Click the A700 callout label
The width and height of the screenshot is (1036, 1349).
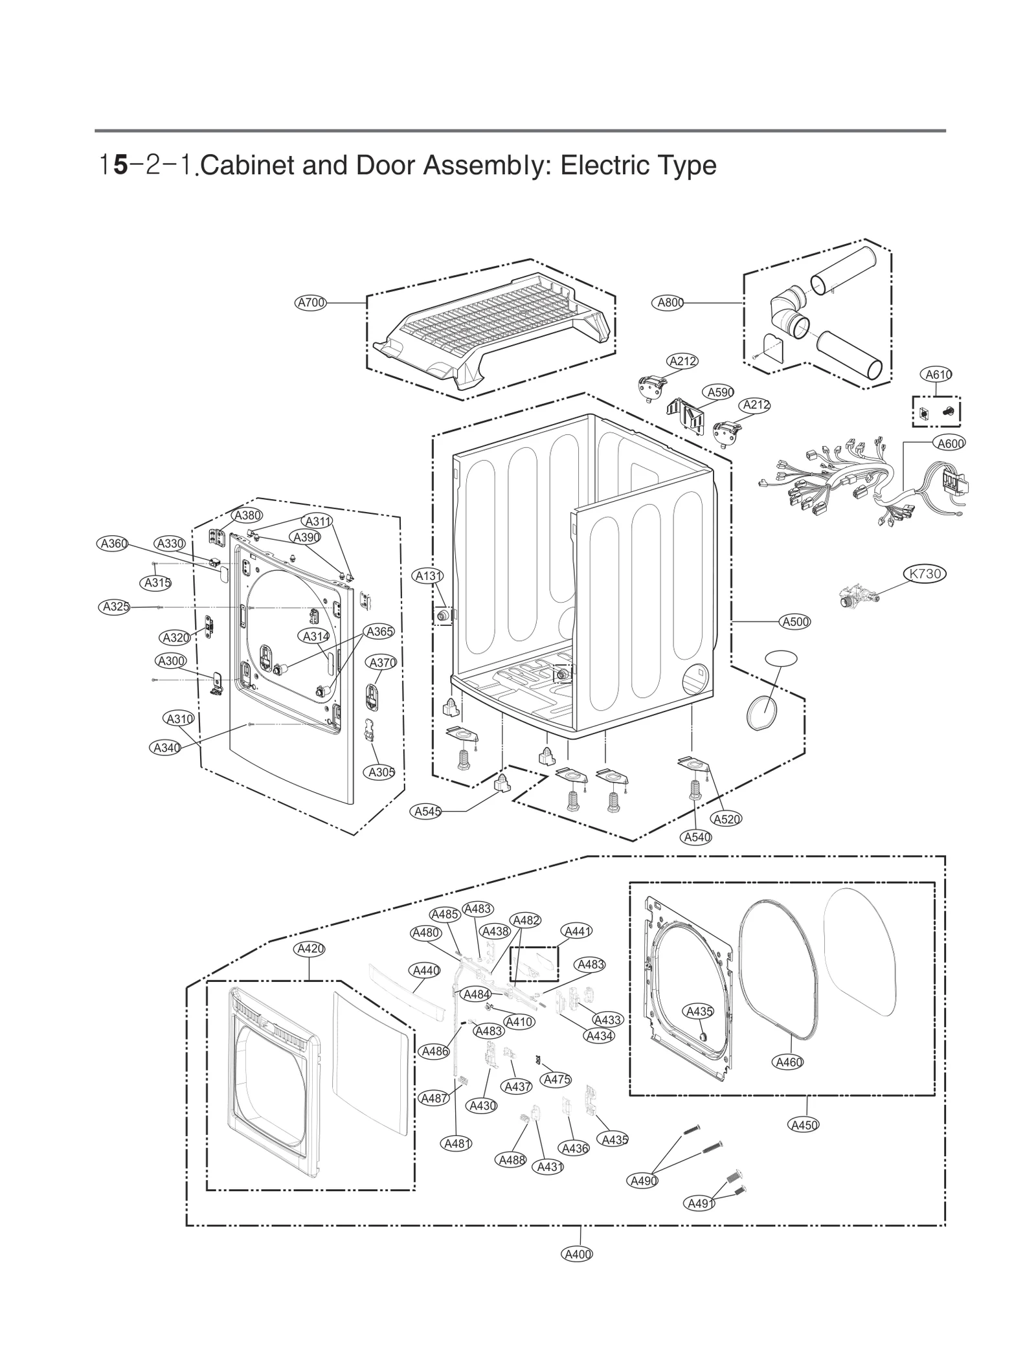(311, 302)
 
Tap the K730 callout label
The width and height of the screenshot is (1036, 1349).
(925, 574)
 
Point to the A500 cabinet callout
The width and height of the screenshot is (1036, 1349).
(795, 622)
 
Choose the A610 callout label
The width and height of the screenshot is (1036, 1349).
(937, 374)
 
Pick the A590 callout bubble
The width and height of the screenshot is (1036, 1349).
(719, 392)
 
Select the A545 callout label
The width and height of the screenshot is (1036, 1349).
(427, 811)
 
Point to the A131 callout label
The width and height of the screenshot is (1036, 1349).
(429, 575)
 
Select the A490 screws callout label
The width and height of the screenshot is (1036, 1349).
(644, 1181)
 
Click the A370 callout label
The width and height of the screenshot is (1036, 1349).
(382, 662)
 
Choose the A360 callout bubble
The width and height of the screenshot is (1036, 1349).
(114, 544)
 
